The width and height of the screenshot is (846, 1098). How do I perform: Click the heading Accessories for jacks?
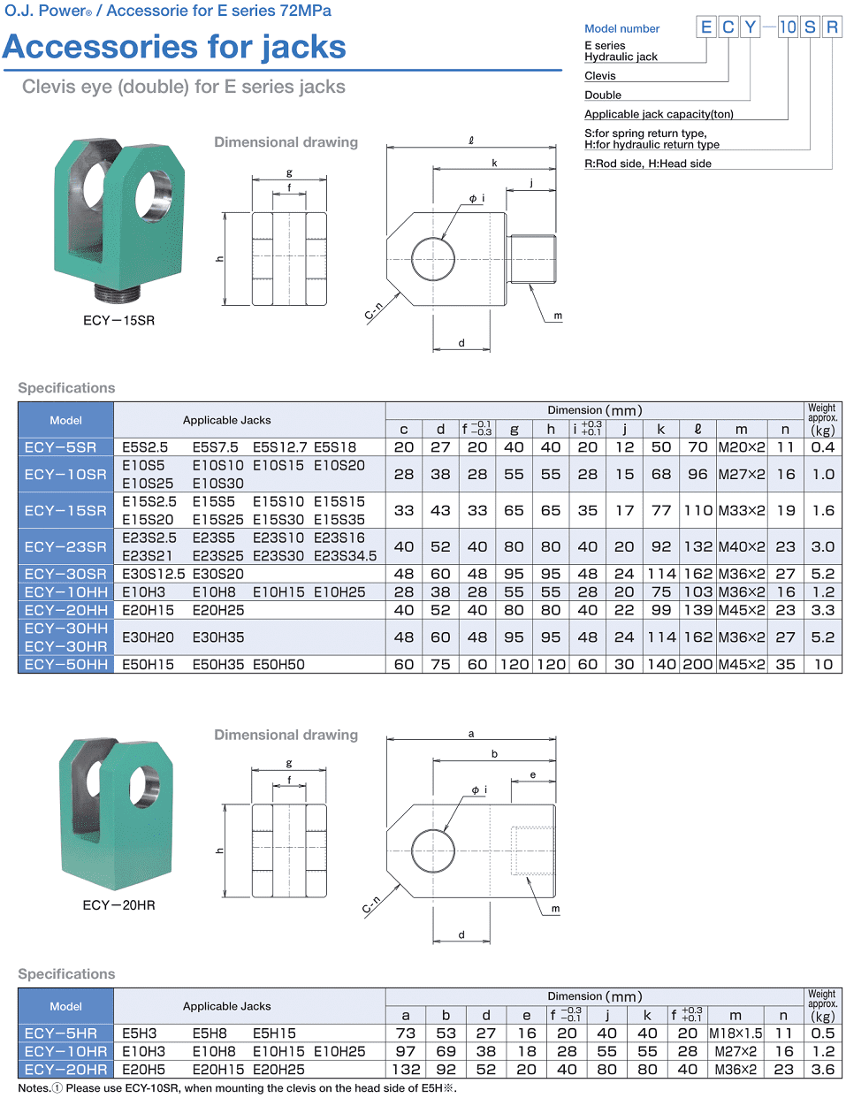[174, 47]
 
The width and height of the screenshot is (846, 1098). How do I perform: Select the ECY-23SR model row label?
[65, 546]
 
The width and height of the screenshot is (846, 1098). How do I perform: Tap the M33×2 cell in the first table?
[741, 510]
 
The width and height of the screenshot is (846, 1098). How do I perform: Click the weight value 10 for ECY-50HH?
[823, 664]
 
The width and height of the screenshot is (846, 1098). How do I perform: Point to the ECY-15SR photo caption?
[118, 320]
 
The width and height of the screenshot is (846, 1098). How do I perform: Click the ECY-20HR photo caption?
[118, 904]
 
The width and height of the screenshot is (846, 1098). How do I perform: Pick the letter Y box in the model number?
[750, 27]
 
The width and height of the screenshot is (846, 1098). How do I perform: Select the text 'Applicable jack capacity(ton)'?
[659, 114]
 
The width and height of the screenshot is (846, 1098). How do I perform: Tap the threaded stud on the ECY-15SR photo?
[118, 292]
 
